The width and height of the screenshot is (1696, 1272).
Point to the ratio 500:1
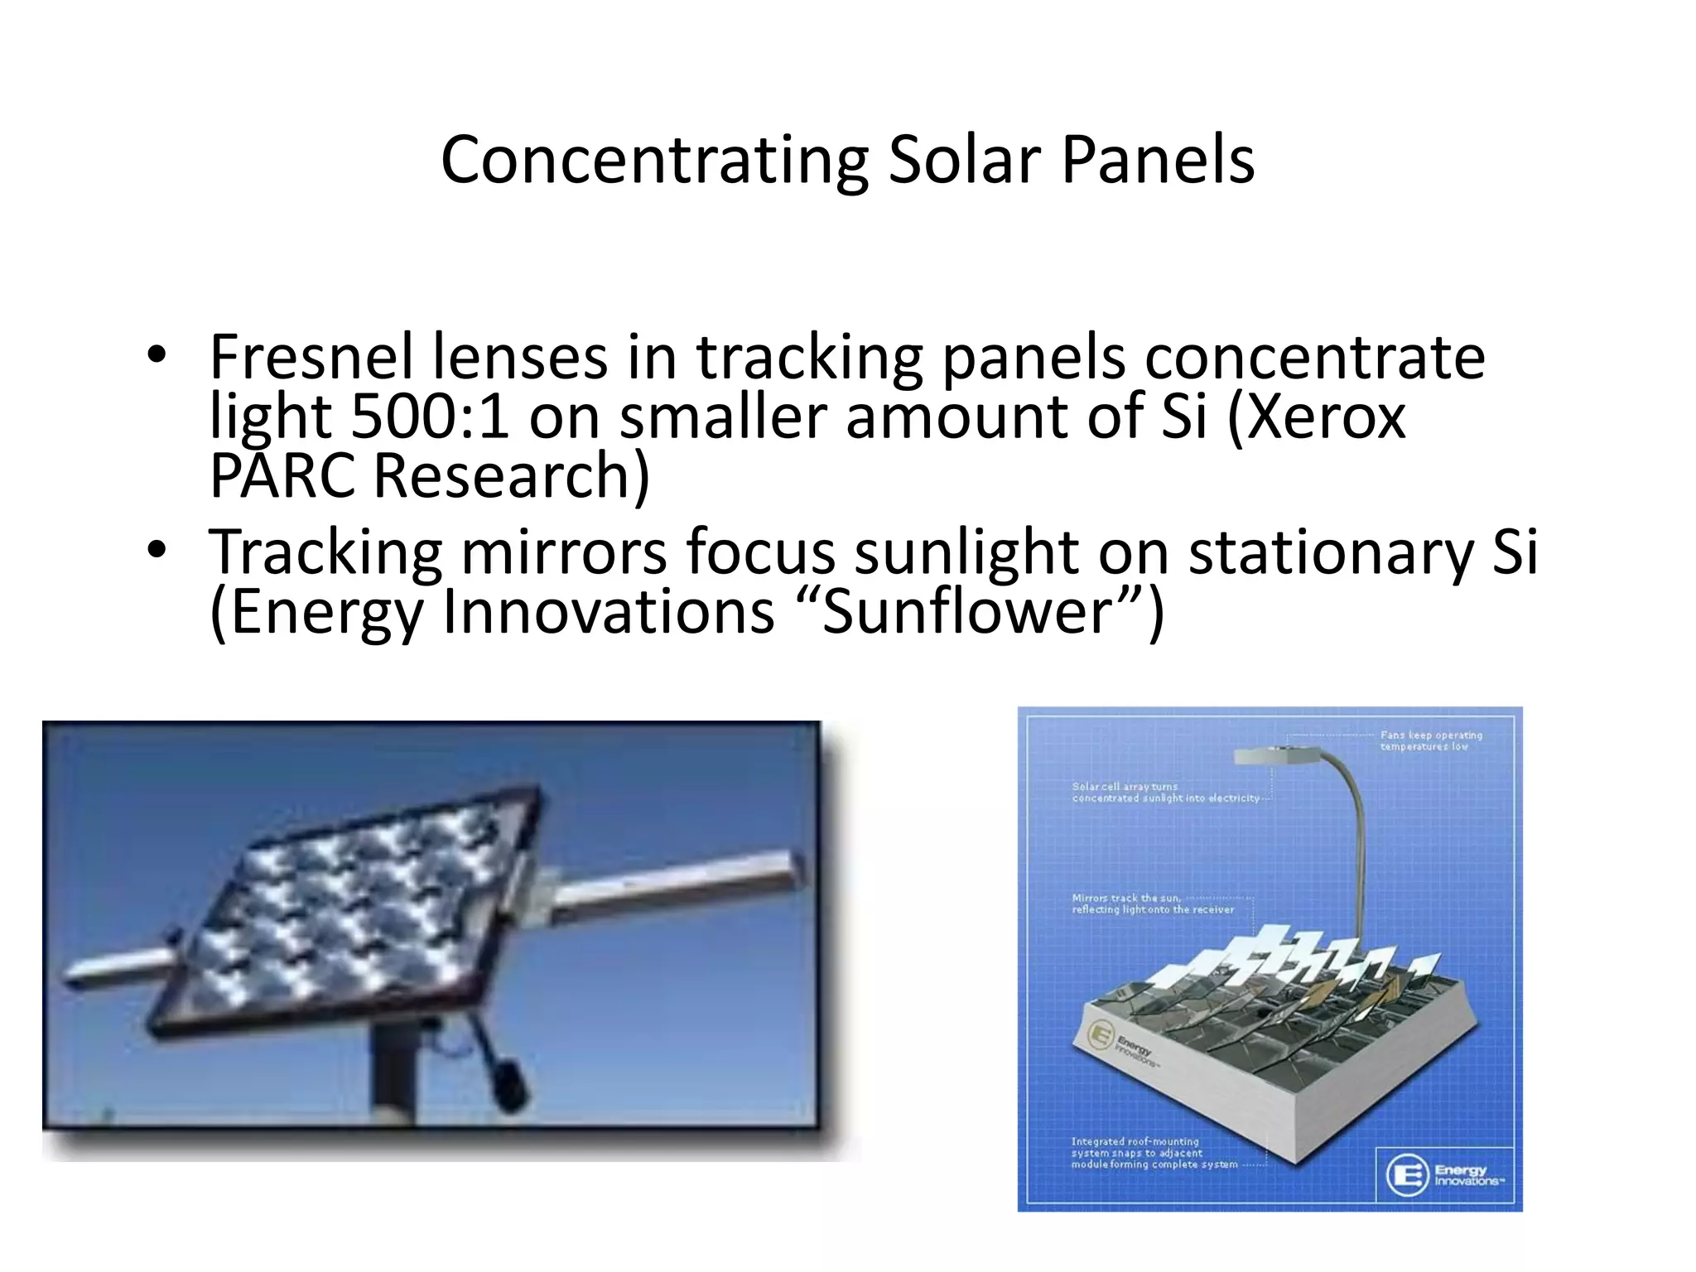430,417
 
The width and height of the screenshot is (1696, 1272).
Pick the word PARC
282,476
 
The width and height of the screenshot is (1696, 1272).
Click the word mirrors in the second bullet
563,552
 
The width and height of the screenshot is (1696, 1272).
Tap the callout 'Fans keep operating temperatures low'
1430,740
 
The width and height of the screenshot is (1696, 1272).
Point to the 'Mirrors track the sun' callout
1152,903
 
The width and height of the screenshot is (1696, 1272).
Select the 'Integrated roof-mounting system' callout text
1153,1153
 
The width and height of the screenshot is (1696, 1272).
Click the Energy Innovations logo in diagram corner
1444,1174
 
